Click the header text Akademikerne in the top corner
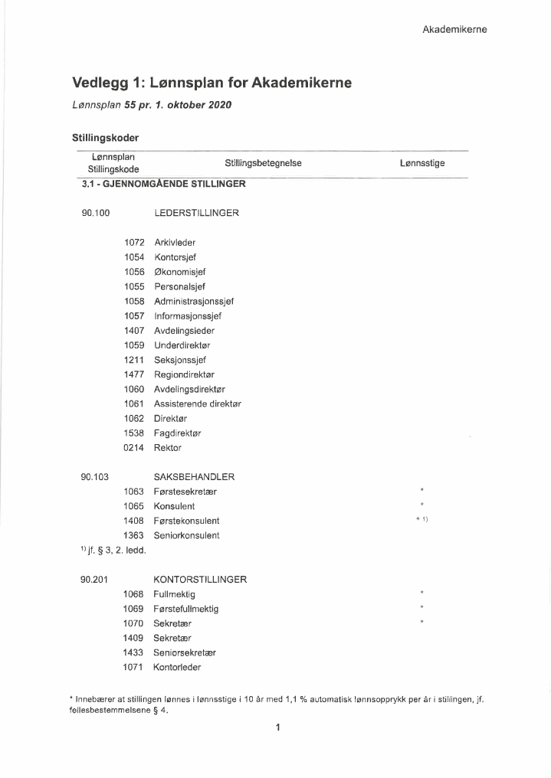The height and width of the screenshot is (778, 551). point(454,30)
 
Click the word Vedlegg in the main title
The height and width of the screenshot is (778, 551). point(100,83)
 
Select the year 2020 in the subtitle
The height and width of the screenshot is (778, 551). point(218,104)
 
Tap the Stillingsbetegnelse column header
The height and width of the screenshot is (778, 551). point(263,163)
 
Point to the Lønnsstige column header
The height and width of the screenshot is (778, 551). point(422,163)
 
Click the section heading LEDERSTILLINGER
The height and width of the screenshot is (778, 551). point(196,213)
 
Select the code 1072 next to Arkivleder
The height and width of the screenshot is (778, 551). point(134,243)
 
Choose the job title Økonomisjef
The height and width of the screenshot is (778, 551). point(179,272)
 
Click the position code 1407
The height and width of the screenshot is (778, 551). point(134,331)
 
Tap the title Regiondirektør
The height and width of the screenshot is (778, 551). point(184,374)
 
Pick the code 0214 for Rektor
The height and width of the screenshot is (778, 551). point(134,448)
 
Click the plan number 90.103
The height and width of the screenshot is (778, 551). point(95,477)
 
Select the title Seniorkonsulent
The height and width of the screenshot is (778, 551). point(186,535)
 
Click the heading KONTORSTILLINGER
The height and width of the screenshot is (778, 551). point(200,580)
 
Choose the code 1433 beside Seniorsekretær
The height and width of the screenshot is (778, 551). point(134,652)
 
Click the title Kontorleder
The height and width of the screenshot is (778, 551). point(177,668)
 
